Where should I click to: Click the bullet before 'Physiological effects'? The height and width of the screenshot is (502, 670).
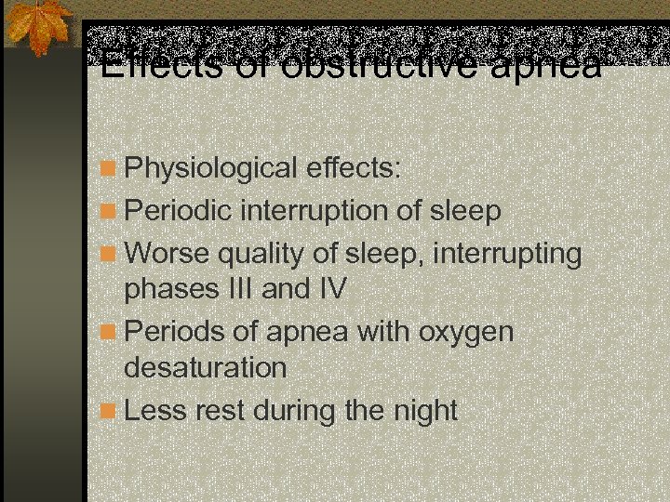[x=111, y=169]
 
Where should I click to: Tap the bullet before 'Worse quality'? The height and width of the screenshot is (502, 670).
[x=111, y=253]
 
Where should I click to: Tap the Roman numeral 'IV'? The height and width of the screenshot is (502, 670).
[x=330, y=289]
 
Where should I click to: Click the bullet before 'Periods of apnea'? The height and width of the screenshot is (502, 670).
[x=111, y=331]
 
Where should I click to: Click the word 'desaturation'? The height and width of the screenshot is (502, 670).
[x=206, y=367]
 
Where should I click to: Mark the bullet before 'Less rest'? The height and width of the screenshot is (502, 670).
[x=111, y=410]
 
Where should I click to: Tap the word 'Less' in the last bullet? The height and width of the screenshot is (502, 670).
[x=154, y=410]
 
